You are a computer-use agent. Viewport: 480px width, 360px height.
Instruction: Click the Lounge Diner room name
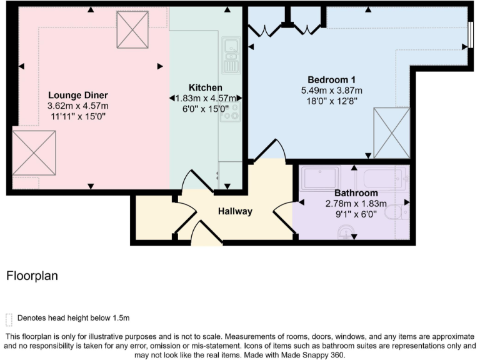pos(78,95)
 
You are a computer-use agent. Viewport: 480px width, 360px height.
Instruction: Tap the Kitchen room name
pos(205,87)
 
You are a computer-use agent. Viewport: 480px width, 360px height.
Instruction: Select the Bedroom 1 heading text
pos(331,79)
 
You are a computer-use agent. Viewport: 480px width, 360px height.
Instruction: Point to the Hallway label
pos(235,211)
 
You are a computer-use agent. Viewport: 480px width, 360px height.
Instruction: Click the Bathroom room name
pos(356,193)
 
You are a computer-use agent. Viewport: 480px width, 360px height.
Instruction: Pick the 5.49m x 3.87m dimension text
pos(331,91)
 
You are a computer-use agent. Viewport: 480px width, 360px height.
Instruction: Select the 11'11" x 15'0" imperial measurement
pos(78,116)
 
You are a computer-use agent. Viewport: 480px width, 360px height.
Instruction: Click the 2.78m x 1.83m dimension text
pos(356,204)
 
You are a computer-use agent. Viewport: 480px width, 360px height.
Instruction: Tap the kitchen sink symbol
pos(230,54)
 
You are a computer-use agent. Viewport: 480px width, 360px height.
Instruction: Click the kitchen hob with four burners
pos(231,113)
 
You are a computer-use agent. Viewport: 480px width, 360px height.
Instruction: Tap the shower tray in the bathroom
pos(319,178)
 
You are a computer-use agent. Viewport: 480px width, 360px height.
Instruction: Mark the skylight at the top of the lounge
pos(132,29)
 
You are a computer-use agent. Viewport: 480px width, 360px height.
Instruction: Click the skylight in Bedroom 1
pos(392,132)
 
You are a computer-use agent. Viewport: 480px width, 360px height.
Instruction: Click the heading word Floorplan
pos(32,276)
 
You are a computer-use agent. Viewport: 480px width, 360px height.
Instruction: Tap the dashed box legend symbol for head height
pos(8,319)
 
